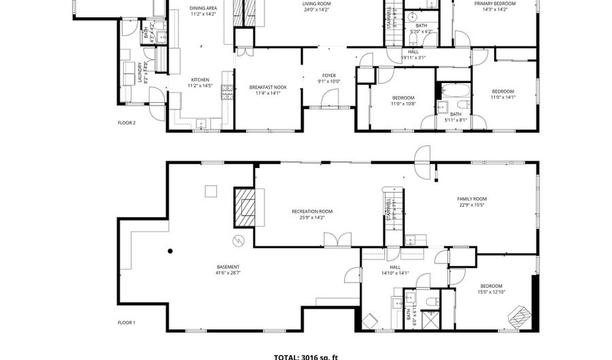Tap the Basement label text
tap(228, 267)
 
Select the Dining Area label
tap(203, 9)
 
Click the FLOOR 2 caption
tap(127, 123)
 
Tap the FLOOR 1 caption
tap(127, 323)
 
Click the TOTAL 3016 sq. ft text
tap(305, 356)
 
